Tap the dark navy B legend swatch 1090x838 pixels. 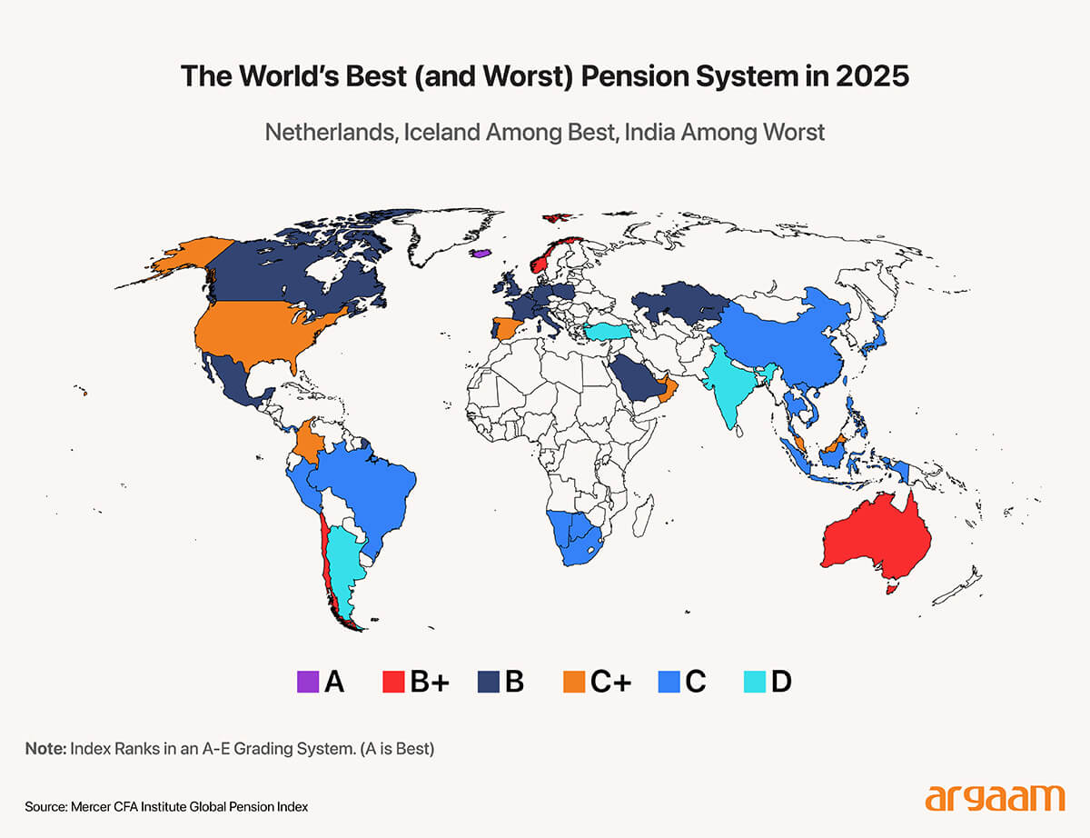tap(488, 681)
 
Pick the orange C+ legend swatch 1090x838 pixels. tap(573, 681)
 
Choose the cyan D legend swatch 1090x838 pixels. tap(753, 681)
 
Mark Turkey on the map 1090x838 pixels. tap(614, 332)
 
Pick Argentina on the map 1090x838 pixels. tap(343, 564)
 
